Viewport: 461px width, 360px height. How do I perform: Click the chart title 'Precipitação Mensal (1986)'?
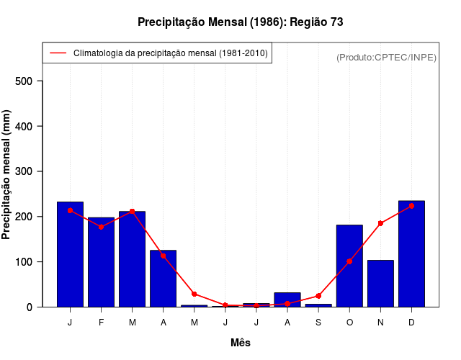pyautogui.click(x=240, y=22)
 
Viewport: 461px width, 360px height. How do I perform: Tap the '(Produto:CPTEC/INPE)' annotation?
pyautogui.click(x=386, y=57)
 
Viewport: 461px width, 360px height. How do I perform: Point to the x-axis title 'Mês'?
pyautogui.click(x=241, y=343)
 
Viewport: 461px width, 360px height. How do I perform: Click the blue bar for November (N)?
pyautogui.click(x=380, y=284)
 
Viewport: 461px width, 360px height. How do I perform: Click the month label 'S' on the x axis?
pyautogui.click(x=318, y=323)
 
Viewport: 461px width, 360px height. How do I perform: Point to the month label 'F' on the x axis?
pyautogui.click(x=101, y=323)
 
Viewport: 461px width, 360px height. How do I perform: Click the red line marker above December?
pyautogui.click(x=411, y=206)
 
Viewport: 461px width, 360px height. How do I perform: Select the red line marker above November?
pyautogui.click(x=380, y=223)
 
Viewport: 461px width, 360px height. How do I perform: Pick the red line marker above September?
pyautogui.click(x=318, y=296)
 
